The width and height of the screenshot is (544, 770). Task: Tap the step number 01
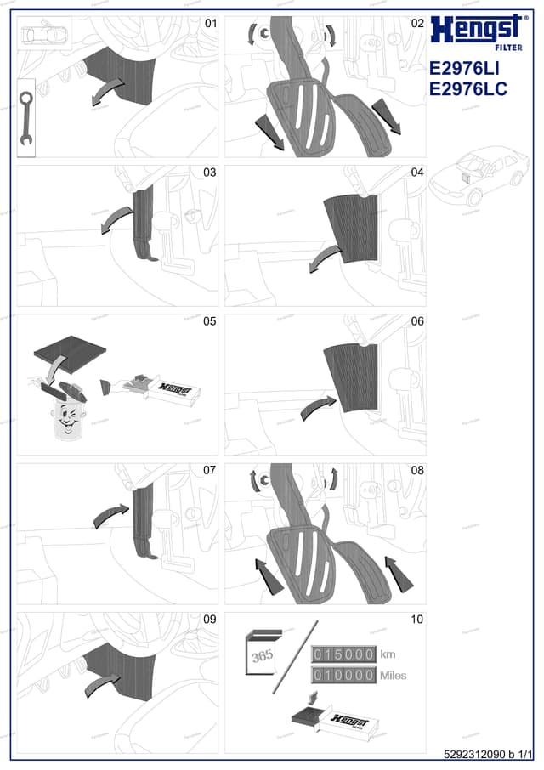[209, 24]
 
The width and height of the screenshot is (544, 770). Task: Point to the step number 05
[209, 321]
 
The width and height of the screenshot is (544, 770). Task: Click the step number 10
[416, 619]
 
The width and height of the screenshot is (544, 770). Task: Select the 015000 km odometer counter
[344, 654]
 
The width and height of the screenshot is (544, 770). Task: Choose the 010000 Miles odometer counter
[344, 676]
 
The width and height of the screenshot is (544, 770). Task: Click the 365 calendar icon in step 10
[262, 656]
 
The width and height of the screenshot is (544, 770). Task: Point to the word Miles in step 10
[394, 676]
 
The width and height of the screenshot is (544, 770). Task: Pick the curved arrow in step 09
[100, 682]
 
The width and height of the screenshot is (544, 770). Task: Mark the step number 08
[416, 470]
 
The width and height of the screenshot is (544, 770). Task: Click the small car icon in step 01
[44, 34]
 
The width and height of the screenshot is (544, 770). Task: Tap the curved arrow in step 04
[322, 259]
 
